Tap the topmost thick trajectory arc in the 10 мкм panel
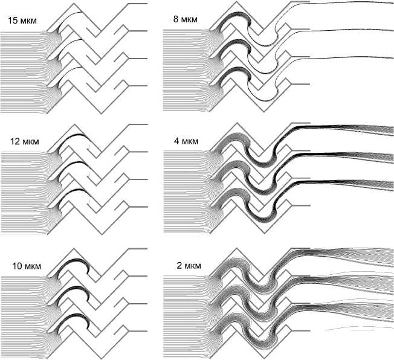point(77,262)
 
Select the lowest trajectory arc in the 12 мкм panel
point(76,193)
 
